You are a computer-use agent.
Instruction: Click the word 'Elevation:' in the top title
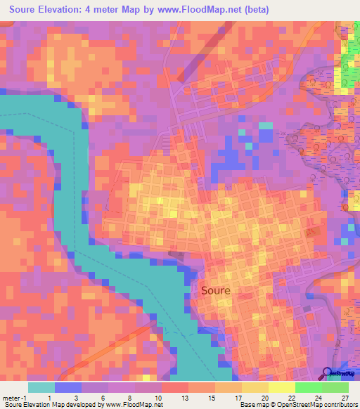click(x=65, y=9)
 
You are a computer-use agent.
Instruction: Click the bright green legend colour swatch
click(x=309, y=387)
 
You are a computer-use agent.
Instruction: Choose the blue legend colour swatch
click(x=68, y=387)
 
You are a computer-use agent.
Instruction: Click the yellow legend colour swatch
click(x=282, y=387)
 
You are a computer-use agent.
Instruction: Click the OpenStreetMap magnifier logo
click(x=328, y=374)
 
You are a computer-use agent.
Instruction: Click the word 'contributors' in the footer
click(x=338, y=405)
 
